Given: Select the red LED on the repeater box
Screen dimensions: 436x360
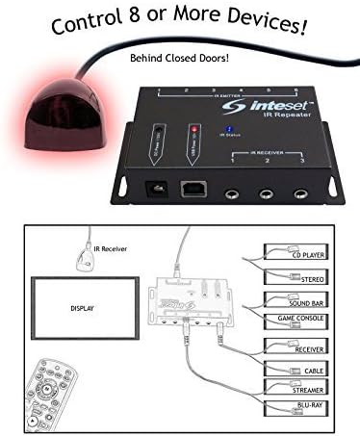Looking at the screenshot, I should (195, 128).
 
